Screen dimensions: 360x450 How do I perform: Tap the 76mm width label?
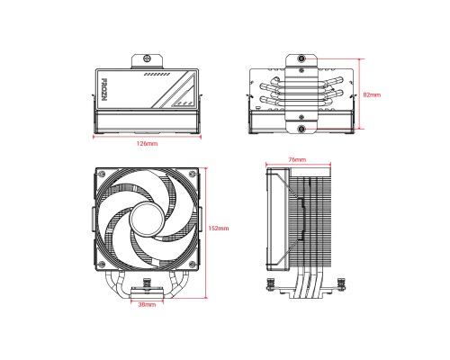(x=295, y=157)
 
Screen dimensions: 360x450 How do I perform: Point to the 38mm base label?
(x=147, y=305)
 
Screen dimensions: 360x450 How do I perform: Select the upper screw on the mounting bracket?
(x=300, y=62)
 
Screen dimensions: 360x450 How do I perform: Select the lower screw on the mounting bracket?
(x=300, y=126)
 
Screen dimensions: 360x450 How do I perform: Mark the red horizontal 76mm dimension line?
(x=295, y=164)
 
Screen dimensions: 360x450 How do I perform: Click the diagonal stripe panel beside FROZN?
(x=171, y=90)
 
